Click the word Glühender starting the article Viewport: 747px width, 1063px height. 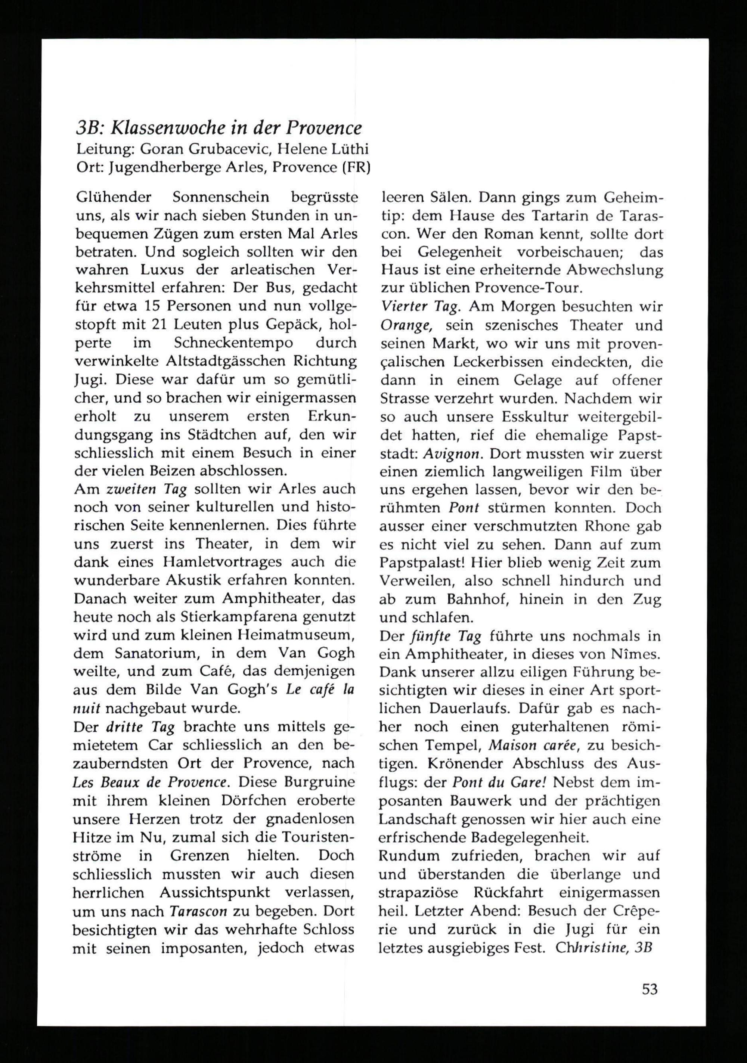tap(114, 197)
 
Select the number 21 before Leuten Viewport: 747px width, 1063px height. tap(160, 325)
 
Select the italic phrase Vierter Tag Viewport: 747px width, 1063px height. tap(419, 307)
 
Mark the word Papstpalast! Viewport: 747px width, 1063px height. tap(420, 563)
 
